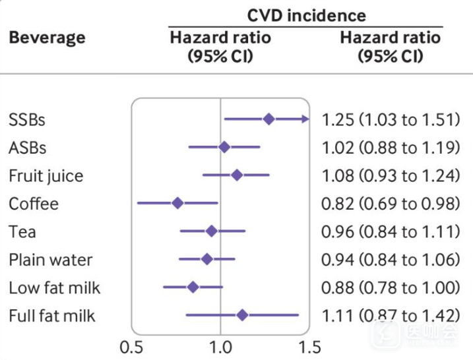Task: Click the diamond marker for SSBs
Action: tap(268, 119)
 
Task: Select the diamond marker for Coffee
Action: tap(177, 202)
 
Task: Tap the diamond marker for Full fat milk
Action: tap(242, 315)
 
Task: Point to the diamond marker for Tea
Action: tap(211, 231)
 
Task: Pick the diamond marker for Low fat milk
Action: tap(193, 287)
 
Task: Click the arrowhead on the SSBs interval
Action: tap(305, 119)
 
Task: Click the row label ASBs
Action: tap(28, 148)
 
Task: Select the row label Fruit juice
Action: tap(46, 176)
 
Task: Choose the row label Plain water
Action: tap(51, 259)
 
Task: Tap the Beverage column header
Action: tap(47, 37)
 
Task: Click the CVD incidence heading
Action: tap(307, 15)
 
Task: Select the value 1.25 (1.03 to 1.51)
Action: tap(390, 119)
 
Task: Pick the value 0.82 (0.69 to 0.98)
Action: tap(390, 204)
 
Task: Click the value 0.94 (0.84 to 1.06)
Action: tap(390, 260)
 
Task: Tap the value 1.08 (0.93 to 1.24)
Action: tap(390, 175)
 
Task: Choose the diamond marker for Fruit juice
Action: tap(237, 175)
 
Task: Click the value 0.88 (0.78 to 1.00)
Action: tap(390, 287)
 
